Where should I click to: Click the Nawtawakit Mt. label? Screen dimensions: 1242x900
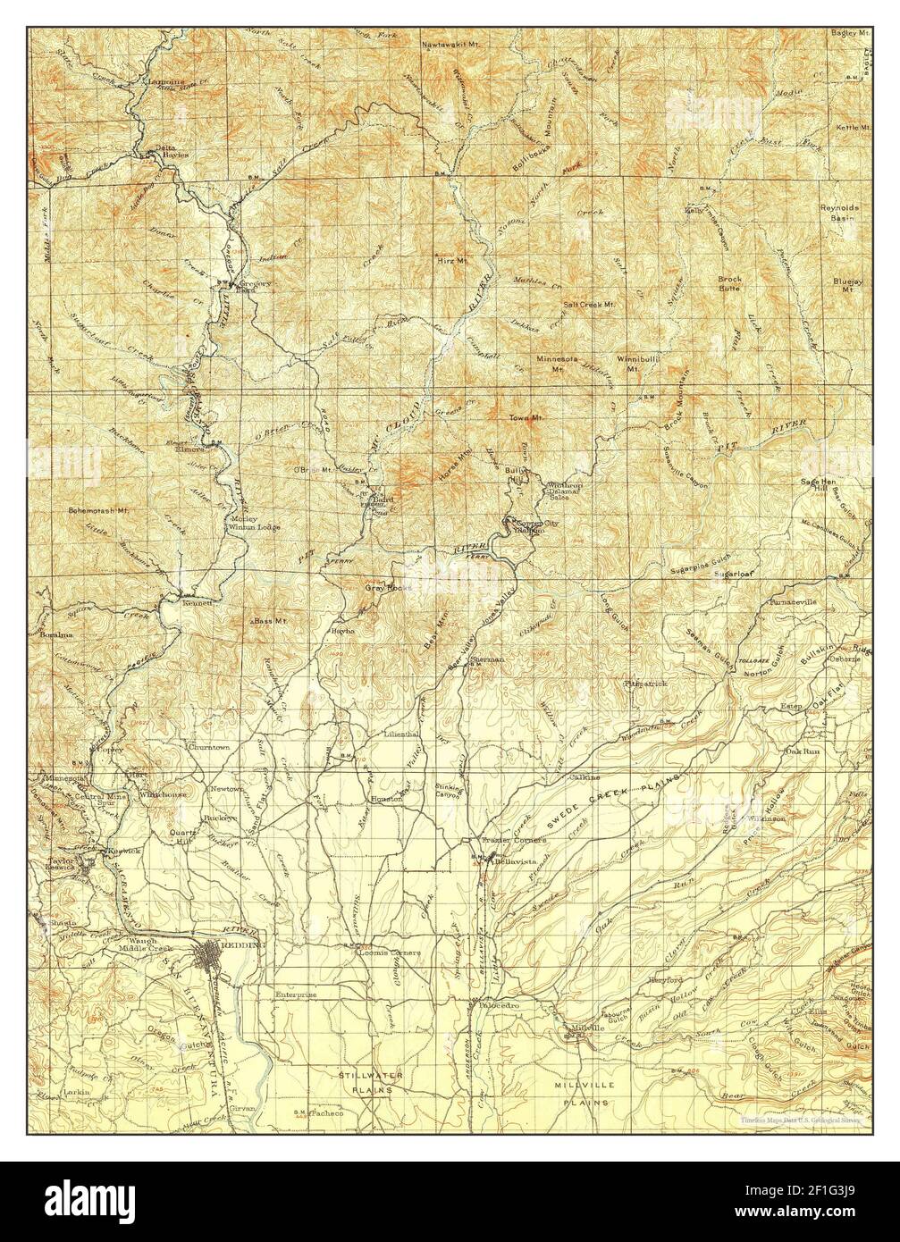450,42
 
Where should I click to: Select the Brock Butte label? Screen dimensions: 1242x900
730,284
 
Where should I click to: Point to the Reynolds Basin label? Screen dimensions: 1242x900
839,213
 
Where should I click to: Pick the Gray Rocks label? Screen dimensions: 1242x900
385,589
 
